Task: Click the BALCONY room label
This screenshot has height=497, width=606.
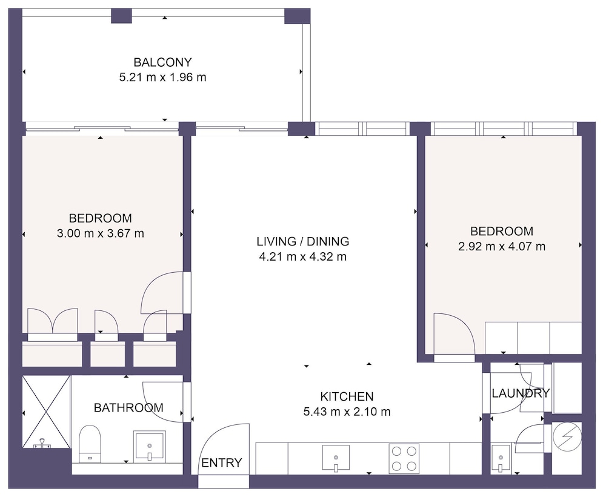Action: (x=162, y=62)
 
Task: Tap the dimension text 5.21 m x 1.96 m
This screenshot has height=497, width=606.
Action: (x=162, y=78)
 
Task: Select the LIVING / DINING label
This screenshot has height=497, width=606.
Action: (x=302, y=242)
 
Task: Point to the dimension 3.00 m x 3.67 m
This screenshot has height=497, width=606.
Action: (x=101, y=233)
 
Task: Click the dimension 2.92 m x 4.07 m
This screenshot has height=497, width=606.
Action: (x=502, y=246)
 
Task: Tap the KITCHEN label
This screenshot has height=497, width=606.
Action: (x=347, y=396)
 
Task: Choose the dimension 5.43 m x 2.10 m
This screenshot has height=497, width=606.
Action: (x=347, y=412)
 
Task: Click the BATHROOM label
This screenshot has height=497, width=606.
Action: (x=128, y=408)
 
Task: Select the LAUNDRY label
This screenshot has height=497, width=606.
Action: (x=521, y=393)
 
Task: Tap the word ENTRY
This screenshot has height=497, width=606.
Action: (x=222, y=462)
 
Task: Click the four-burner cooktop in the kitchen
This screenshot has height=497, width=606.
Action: (x=404, y=458)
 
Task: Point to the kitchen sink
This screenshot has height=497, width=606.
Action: (x=336, y=458)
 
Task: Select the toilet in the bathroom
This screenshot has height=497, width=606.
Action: (x=90, y=444)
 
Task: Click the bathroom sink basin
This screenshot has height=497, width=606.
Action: (x=149, y=446)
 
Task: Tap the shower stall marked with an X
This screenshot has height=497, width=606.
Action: (x=47, y=412)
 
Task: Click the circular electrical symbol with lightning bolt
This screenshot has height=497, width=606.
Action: (x=567, y=437)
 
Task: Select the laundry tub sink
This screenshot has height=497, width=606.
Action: (x=501, y=459)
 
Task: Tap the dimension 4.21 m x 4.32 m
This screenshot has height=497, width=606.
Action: (x=302, y=256)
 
